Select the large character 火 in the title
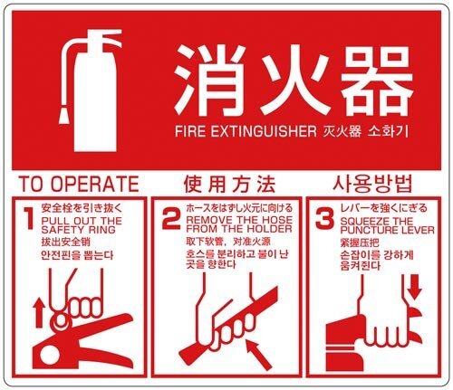tap(294, 81)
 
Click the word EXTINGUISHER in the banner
tap(264, 131)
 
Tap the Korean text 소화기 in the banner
tap(389, 131)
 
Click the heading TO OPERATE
tap(79, 184)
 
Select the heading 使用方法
tap(229, 184)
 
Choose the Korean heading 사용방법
tap(372, 184)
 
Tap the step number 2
tap(171, 218)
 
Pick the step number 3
tap(324, 218)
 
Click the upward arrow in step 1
tap(39, 312)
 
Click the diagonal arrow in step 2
tap(258, 355)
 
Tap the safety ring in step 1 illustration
tap(60, 320)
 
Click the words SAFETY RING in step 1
tap(78, 230)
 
